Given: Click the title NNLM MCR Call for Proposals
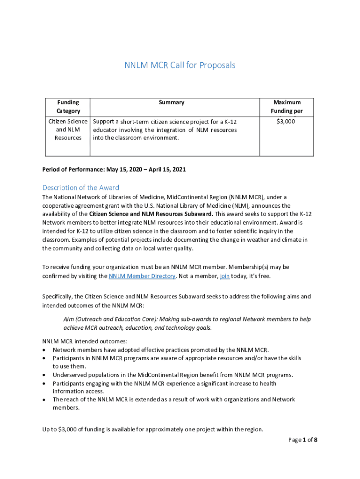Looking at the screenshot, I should (x=180, y=65).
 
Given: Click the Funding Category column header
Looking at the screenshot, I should (x=68, y=107).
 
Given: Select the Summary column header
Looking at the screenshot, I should (x=172, y=102).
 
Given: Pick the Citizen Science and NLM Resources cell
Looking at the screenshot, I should (x=68, y=130).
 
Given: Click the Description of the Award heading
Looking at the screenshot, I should (x=81, y=188).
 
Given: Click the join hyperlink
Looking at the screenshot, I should (x=224, y=276).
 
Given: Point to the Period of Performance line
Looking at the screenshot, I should (x=114, y=169).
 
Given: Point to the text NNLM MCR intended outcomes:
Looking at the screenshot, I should (x=85, y=341).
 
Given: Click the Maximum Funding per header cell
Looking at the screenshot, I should (x=287, y=107).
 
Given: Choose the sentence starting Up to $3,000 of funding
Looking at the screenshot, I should (x=153, y=429).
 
